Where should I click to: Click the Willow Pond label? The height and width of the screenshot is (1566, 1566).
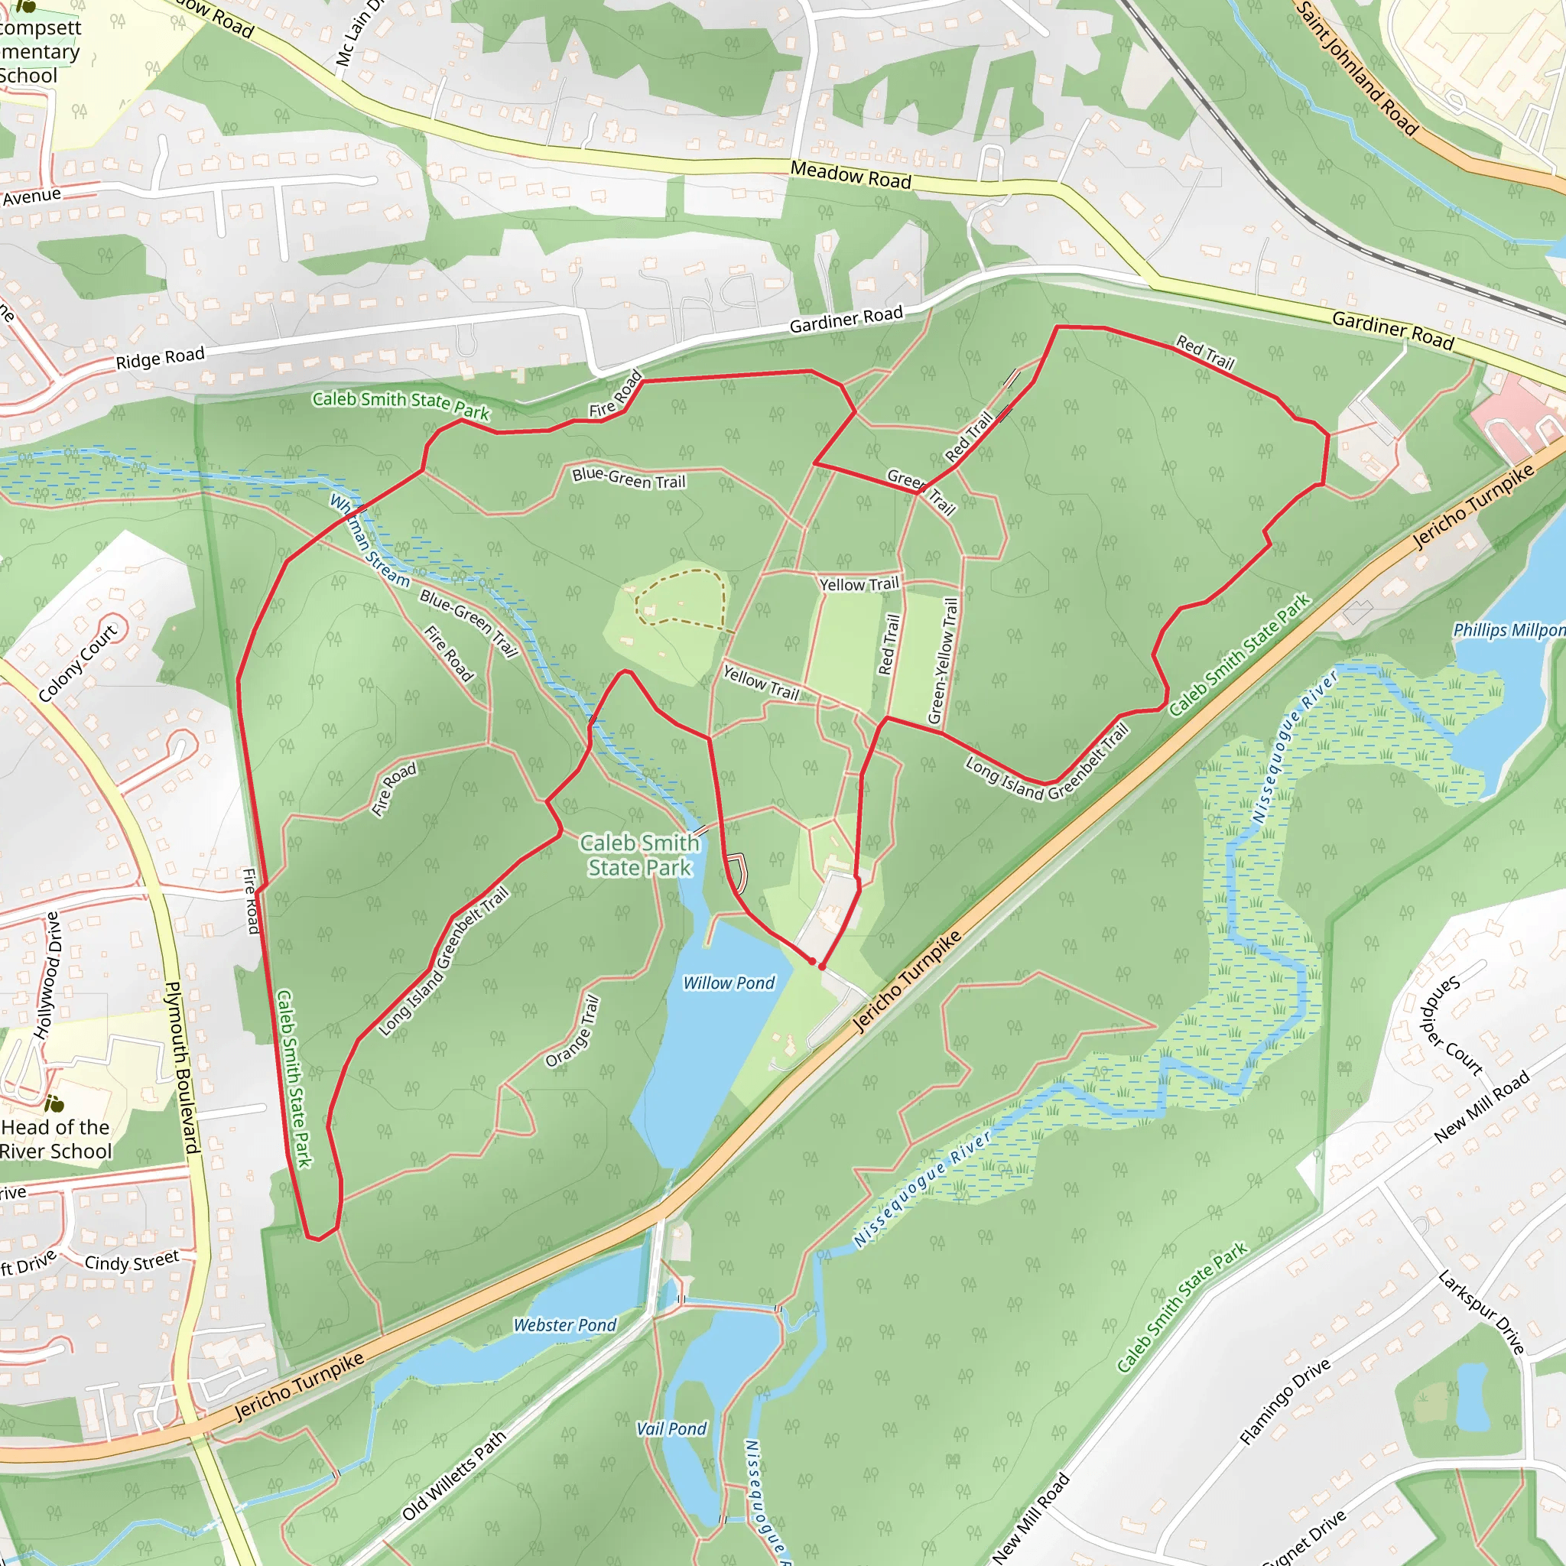coord(729,983)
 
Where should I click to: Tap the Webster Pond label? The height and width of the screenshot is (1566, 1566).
coord(565,1325)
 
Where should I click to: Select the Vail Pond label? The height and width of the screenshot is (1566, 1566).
coord(671,1429)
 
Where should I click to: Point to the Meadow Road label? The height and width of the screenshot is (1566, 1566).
coord(850,175)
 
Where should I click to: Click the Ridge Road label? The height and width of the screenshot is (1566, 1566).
coord(160,357)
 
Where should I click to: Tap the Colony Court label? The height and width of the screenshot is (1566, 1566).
coord(78,662)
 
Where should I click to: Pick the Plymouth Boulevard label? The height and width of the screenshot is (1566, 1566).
coord(183,1067)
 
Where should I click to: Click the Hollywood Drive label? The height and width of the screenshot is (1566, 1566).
coord(47,976)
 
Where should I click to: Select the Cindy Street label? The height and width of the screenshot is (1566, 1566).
coord(132,1261)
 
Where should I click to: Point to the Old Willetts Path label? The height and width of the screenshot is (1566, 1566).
coord(454,1475)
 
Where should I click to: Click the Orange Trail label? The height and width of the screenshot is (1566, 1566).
coord(572,1031)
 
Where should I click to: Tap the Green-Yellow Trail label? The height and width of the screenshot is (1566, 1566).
coord(944,661)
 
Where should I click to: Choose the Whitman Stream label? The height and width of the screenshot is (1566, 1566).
coord(369,540)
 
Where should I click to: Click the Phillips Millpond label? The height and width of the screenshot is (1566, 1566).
coord(1509,630)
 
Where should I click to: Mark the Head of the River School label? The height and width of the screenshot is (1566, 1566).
coord(55,1139)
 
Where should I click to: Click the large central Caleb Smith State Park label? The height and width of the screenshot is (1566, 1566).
coord(639,855)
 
